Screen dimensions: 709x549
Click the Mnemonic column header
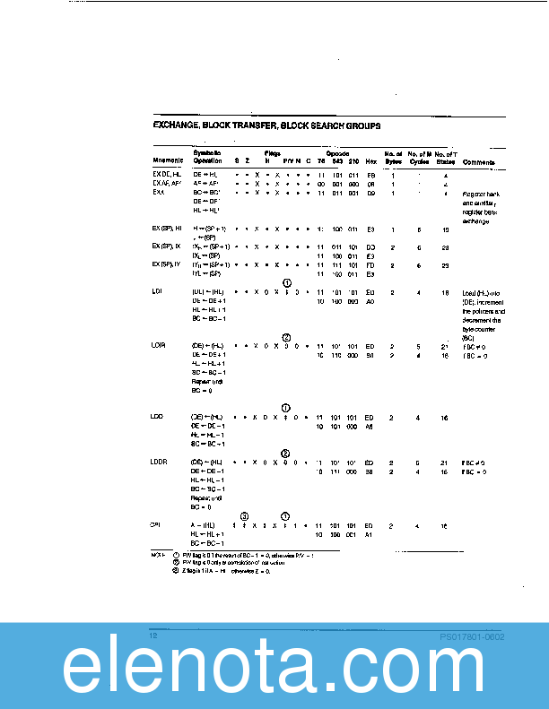coord(168,160)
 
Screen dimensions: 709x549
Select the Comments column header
coord(478,161)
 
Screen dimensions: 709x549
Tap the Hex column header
coord(370,160)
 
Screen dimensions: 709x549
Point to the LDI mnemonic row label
coord(158,292)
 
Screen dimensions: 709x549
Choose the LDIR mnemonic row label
coord(159,345)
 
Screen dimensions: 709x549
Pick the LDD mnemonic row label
coord(158,417)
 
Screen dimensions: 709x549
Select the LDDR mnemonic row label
coord(160,461)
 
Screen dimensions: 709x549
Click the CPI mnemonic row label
coord(157,524)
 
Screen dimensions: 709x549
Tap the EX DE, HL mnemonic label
coord(166,175)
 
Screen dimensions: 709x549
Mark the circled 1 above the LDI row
coord(286,283)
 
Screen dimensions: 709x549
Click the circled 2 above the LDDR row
coord(285,453)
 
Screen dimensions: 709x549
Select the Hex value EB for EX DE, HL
coord(370,175)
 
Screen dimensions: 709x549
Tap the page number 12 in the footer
coord(153,636)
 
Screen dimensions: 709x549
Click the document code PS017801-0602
coord(472,636)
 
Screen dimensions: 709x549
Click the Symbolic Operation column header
coord(208,157)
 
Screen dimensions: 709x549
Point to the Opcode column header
coord(336,153)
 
